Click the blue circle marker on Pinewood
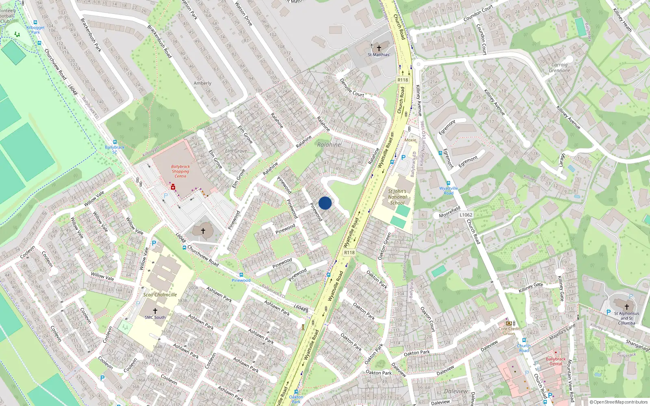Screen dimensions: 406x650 (x=325, y=203)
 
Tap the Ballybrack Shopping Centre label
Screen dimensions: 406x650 (x=180, y=171)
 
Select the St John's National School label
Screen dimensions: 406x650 (x=397, y=197)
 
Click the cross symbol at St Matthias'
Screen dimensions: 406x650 (x=379, y=48)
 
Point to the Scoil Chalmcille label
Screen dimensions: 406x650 (x=160, y=295)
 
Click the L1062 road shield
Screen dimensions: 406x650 (x=466, y=215)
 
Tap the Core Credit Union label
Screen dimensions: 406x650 (x=509, y=331)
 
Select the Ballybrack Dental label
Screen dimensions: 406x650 (x=556, y=361)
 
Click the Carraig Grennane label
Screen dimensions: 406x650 (x=559, y=67)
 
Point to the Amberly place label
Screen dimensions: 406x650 (x=202, y=83)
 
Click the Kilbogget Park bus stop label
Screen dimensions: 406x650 (x=36, y=30)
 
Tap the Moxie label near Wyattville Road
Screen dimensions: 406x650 (x=410, y=140)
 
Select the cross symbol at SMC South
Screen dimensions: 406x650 (x=155, y=311)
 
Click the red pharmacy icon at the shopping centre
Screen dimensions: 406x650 (x=173, y=187)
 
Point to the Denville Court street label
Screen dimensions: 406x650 (x=352, y=88)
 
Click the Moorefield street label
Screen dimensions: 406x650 (x=450, y=212)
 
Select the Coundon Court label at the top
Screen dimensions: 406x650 (x=478, y=13)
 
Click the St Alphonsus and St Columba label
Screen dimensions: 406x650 (x=626, y=318)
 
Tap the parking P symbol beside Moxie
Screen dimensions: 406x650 (x=403, y=158)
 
